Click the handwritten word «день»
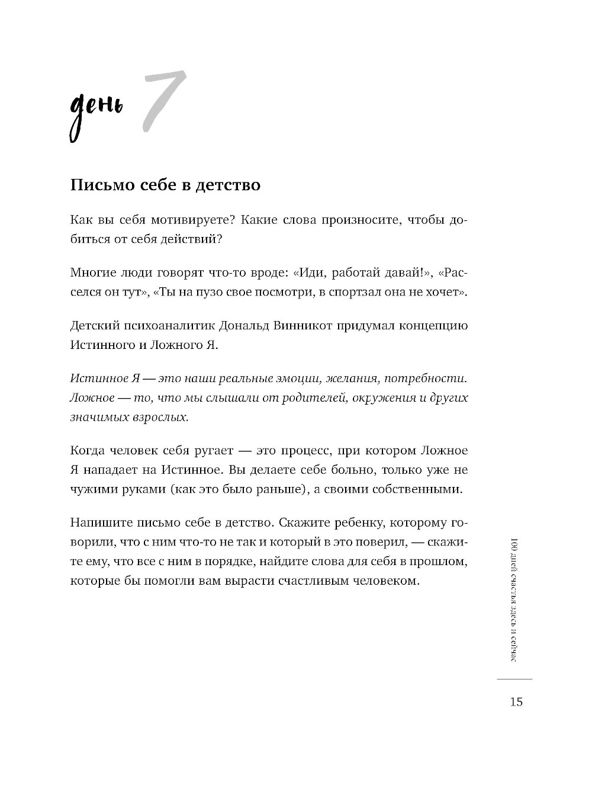point(96,113)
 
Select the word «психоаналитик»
point(166,326)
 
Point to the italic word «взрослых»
point(162,417)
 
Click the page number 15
point(515,702)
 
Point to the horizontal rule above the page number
point(514,679)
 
